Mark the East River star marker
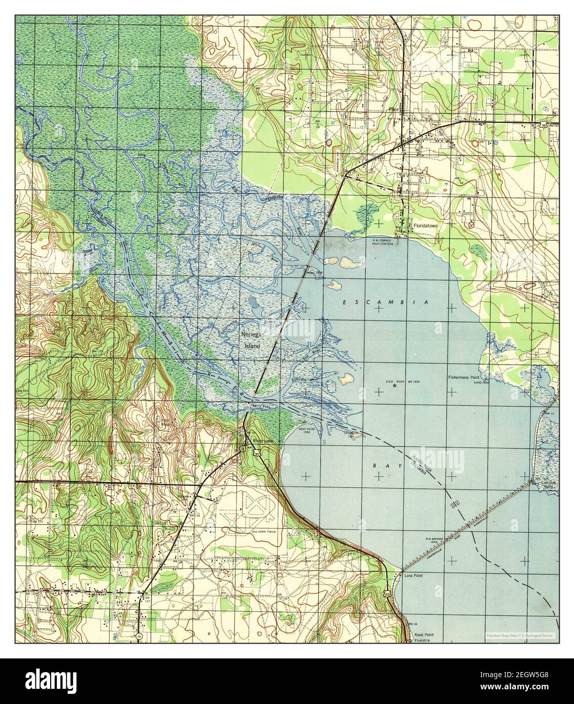(x=394, y=386)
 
